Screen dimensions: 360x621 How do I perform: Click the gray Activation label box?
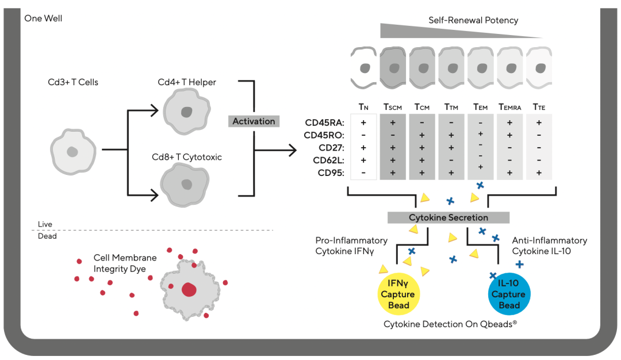point(254,121)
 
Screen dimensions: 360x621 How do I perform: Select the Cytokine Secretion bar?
point(448,217)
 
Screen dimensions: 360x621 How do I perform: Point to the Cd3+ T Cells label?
point(73,82)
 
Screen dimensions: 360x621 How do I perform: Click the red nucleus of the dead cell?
point(189,290)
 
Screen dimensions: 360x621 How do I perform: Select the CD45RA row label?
point(324,122)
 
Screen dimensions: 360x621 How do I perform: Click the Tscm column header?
point(394,106)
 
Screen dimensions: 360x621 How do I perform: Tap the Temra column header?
point(509,106)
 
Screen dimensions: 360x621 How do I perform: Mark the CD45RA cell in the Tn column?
point(363,122)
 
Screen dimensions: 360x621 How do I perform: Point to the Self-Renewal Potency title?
point(473,21)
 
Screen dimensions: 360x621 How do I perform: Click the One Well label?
point(43,18)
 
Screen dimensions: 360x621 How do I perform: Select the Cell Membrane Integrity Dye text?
point(120,263)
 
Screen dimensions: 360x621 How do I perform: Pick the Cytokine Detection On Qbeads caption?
point(450,324)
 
